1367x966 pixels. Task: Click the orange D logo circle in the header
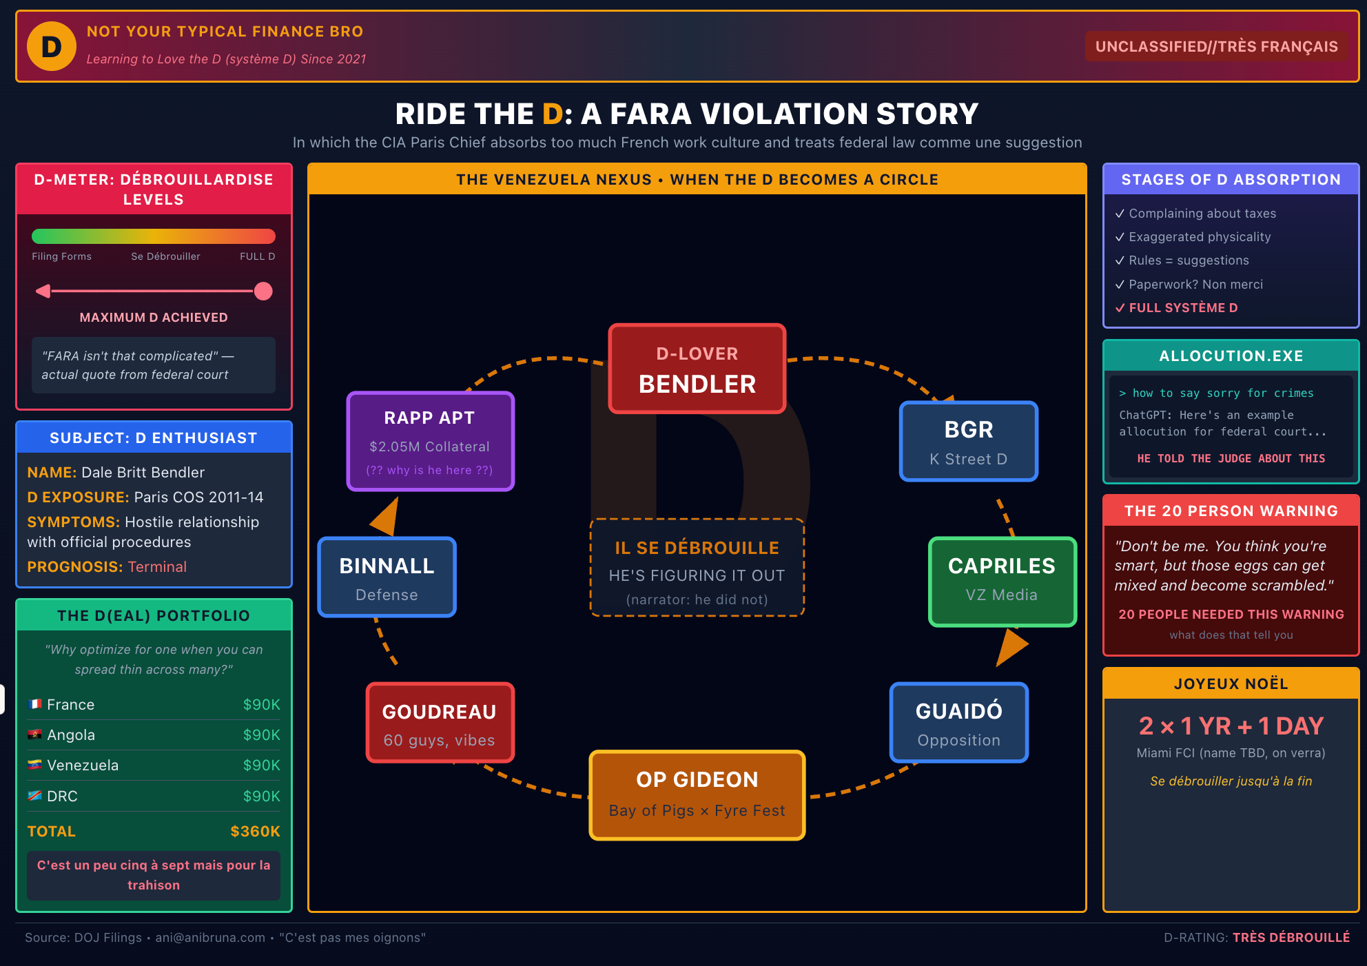(x=52, y=46)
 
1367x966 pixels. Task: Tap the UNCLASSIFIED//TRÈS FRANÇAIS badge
(x=1216, y=46)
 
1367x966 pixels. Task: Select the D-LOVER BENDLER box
(x=697, y=369)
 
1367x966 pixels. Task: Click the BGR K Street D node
(x=968, y=442)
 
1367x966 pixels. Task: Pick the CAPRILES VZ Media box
(x=1002, y=581)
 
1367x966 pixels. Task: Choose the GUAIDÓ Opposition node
(x=958, y=723)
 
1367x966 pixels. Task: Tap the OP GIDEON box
(x=697, y=794)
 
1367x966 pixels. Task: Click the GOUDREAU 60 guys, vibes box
(x=440, y=723)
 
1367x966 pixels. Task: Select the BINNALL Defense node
(x=387, y=578)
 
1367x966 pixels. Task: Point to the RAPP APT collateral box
(x=430, y=442)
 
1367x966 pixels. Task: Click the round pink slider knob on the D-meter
(x=263, y=291)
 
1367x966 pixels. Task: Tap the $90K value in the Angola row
(x=261, y=735)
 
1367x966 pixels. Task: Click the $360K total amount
(x=255, y=832)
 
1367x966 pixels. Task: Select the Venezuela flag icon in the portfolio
(x=34, y=765)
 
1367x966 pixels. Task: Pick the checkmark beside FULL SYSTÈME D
(x=1120, y=308)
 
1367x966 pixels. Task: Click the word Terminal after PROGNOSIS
(x=157, y=567)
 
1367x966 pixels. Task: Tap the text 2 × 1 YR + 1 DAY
(x=1231, y=726)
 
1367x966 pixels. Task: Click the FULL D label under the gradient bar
(x=257, y=256)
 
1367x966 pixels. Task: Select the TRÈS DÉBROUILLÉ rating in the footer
(x=1291, y=938)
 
